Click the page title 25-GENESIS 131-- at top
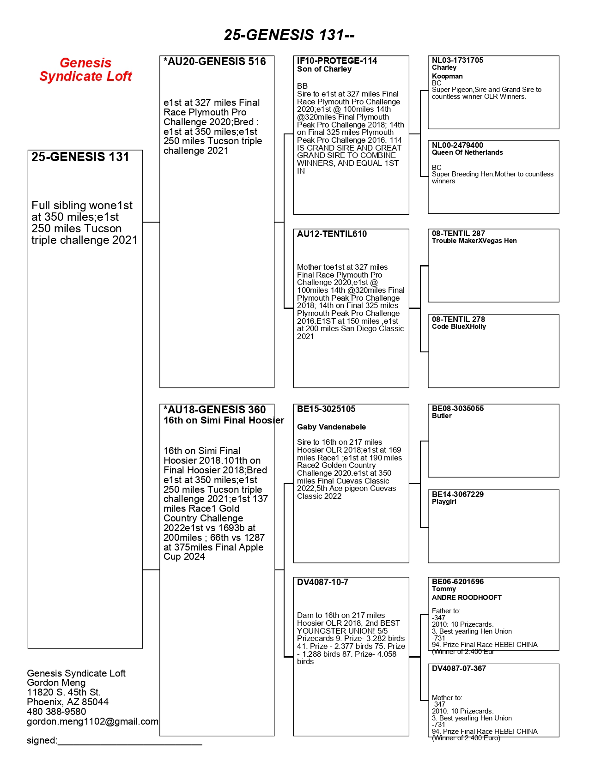click(289, 35)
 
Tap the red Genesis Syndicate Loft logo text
click(85, 69)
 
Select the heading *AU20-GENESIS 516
click(215, 61)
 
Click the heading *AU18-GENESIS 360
click(215, 410)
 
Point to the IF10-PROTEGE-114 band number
click(337, 60)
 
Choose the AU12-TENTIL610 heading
click(332, 234)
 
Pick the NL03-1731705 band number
click(457, 60)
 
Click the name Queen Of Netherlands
click(467, 152)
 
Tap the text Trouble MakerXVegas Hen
click(474, 241)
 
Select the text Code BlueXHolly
click(459, 327)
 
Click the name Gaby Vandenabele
click(331, 427)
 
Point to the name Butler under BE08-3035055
click(442, 416)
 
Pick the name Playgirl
click(444, 502)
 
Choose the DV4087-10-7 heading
click(322, 582)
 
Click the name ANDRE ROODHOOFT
click(467, 597)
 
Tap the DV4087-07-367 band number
click(459, 668)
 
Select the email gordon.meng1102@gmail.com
click(92, 721)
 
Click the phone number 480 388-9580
click(56, 712)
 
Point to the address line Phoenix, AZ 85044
click(67, 702)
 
